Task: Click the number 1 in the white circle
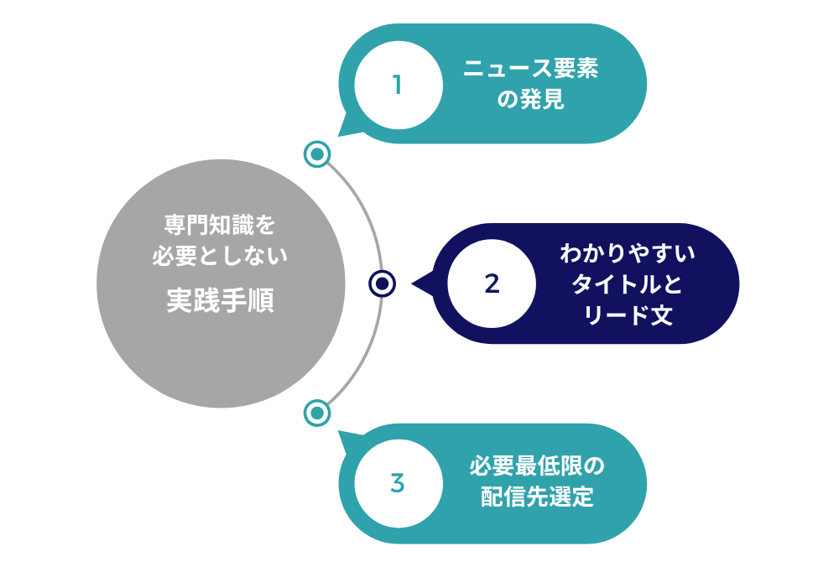coord(398,85)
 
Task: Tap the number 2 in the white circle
coord(492,283)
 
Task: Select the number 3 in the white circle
coord(398,483)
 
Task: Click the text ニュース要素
coord(531,70)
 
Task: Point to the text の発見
coord(531,101)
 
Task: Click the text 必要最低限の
coord(537,466)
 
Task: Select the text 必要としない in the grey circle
coord(220,256)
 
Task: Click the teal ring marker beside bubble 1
coord(317,154)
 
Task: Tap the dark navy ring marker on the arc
coord(382,283)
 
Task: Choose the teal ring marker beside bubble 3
coord(316,413)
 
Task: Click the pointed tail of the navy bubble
coord(419,283)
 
